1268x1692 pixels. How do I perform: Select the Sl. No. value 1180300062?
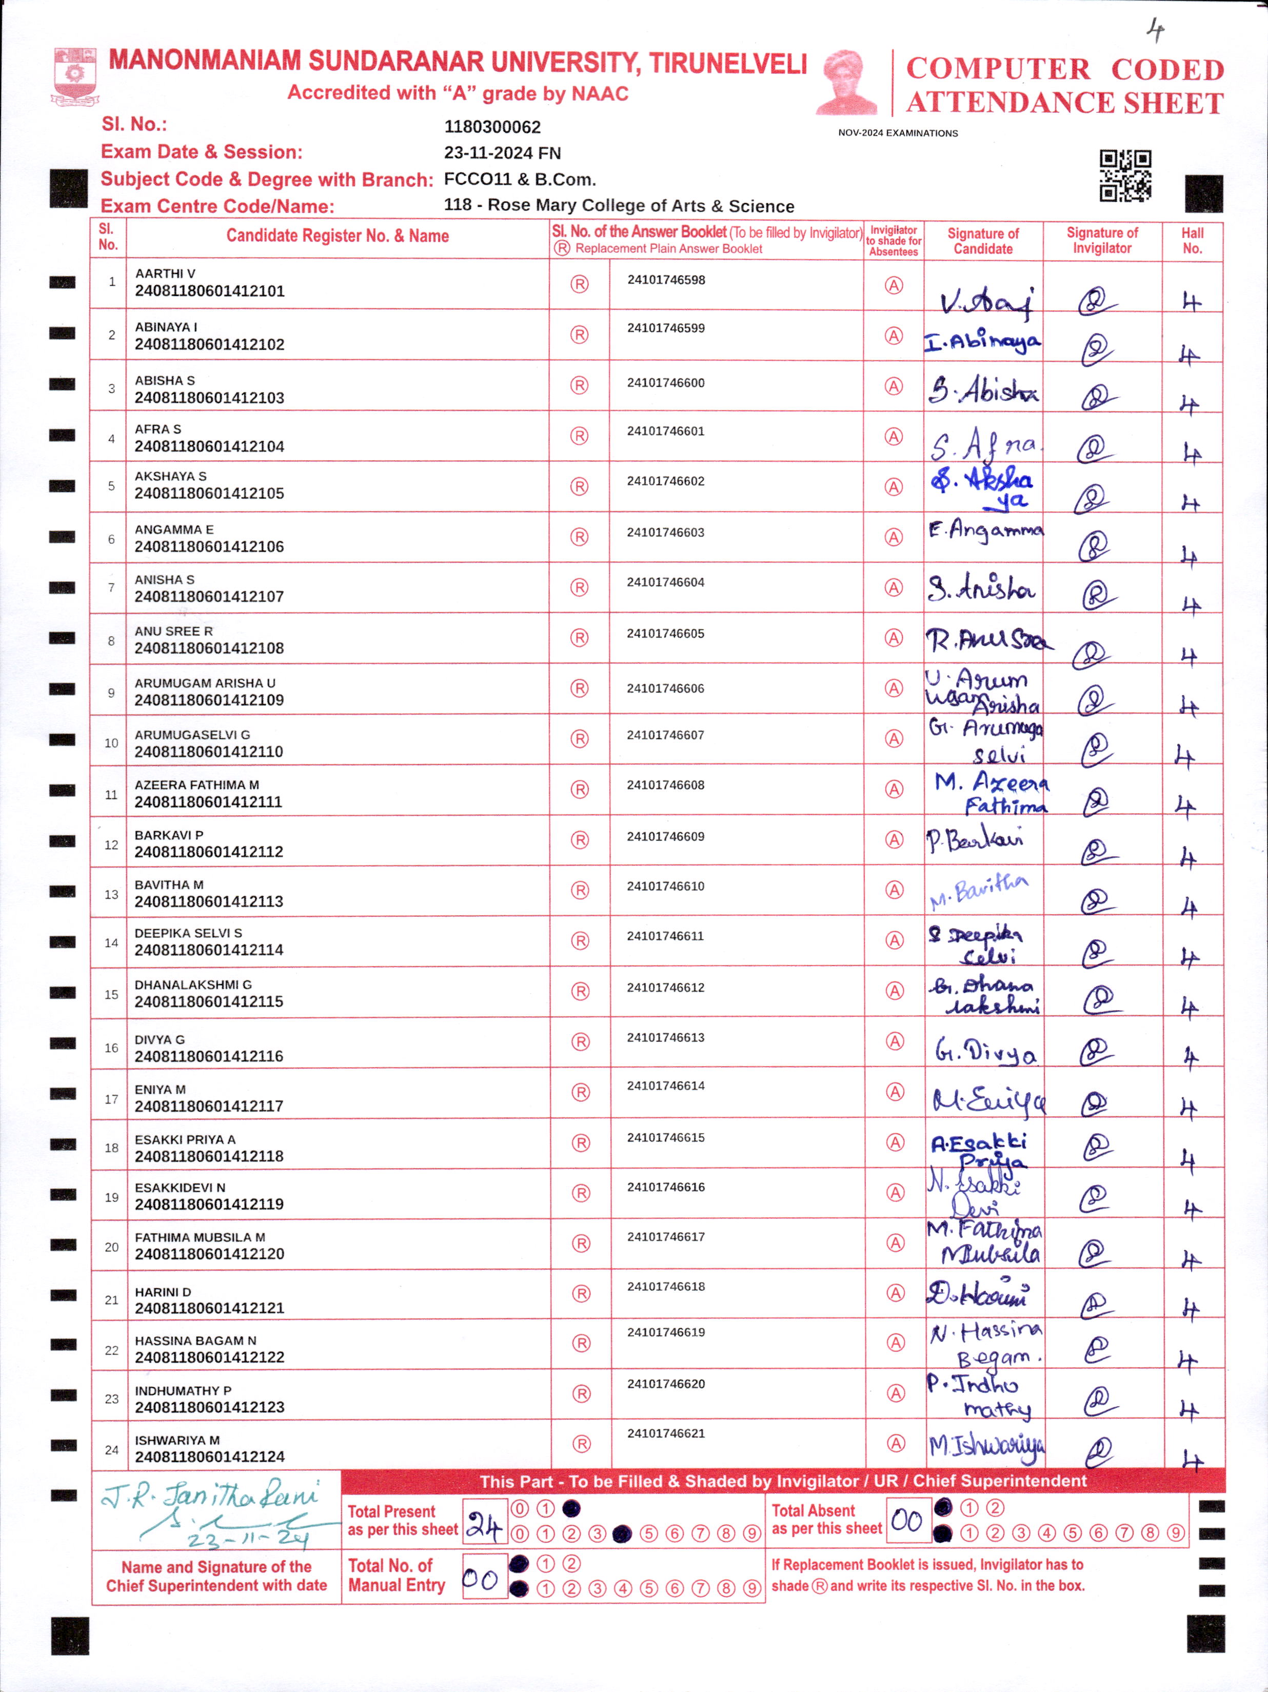492,127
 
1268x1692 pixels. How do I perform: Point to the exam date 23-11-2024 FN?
502,153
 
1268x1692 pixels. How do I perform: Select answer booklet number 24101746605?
665,634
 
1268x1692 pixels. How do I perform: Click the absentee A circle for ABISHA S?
893,386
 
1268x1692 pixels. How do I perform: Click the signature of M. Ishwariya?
986,1446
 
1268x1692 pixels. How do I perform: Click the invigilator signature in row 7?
1098,594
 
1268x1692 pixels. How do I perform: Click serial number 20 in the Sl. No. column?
112,1247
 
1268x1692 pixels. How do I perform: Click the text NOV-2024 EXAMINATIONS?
898,133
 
